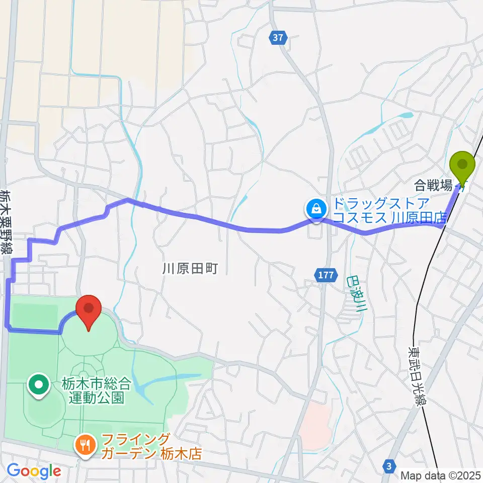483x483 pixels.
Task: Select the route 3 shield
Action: [x=388, y=466]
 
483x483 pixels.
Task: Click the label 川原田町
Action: [x=189, y=268]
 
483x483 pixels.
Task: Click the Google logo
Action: [x=34, y=471]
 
